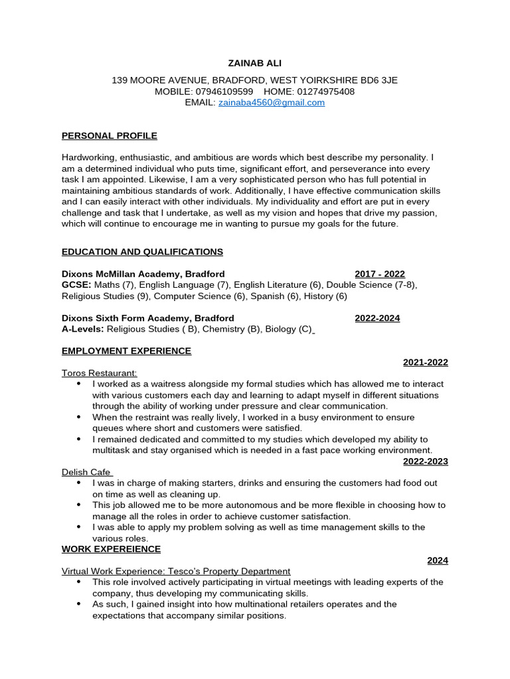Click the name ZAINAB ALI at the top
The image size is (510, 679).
coord(255,63)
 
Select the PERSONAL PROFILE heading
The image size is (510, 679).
coord(110,136)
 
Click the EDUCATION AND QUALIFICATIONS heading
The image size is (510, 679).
coord(142,252)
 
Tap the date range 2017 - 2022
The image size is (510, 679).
coord(379,274)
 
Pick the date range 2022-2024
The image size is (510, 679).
coord(377,318)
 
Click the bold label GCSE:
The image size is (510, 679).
coord(76,285)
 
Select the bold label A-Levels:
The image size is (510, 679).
coord(83,330)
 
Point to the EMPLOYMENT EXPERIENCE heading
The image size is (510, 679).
coord(126,351)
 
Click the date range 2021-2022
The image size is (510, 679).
coord(425,362)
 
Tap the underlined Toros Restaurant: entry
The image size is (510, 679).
coord(99,373)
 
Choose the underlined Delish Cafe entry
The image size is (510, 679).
coord(87,472)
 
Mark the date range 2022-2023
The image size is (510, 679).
coord(425,462)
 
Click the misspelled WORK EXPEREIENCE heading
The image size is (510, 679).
coord(111,549)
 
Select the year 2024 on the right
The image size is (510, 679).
coord(437,560)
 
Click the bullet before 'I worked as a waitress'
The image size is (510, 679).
coord(79,384)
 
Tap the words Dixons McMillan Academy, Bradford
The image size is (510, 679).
coord(143,274)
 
